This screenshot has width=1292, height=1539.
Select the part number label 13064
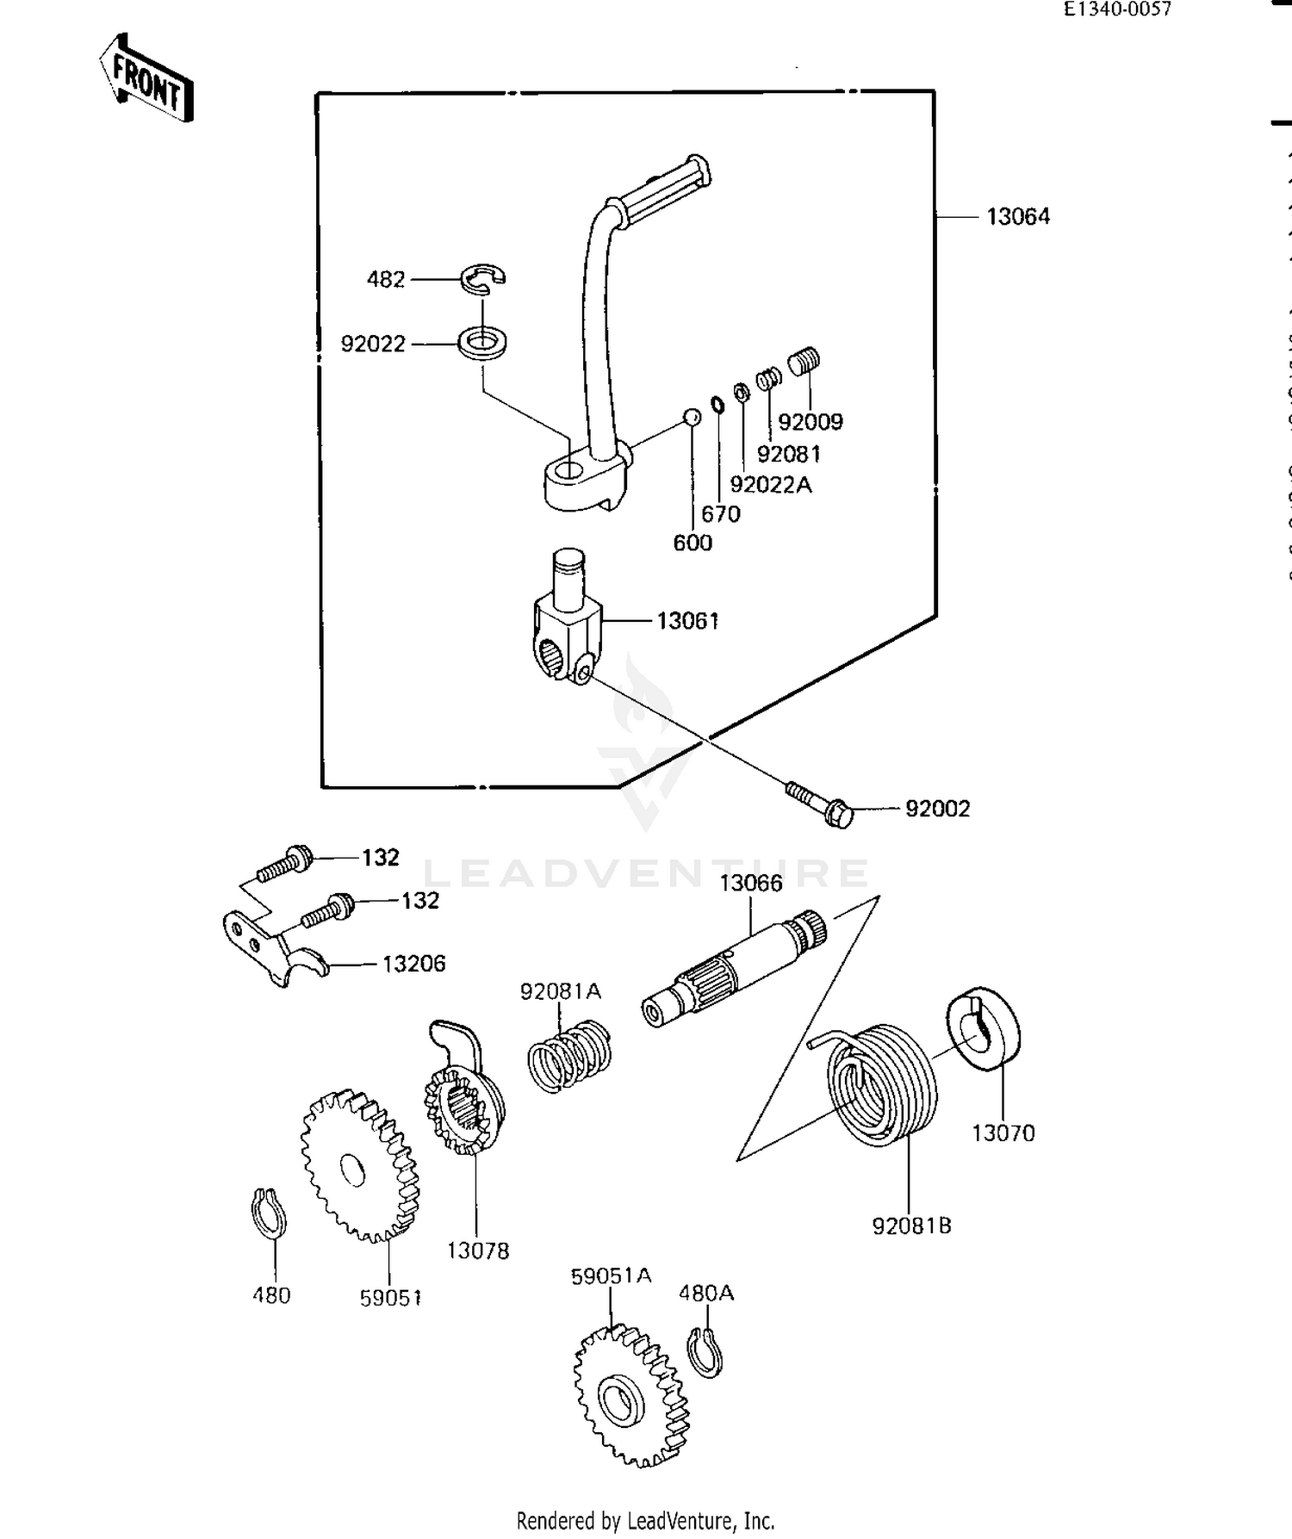coord(1017,216)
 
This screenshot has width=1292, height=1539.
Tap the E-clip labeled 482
coord(482,276)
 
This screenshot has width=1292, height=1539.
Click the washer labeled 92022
coord(481,343)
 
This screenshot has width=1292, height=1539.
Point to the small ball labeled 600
coord(691,417)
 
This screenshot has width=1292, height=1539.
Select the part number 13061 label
coord(687,620)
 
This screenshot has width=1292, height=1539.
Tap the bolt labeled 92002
coord(819,802)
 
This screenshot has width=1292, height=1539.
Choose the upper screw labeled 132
coord(284,862)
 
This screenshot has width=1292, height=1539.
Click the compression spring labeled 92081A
coord(568,1057)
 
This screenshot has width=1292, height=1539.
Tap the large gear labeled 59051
coord(360,1165)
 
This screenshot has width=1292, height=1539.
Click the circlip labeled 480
coord(268,1213)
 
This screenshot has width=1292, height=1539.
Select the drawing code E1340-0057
coord(1117,9)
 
